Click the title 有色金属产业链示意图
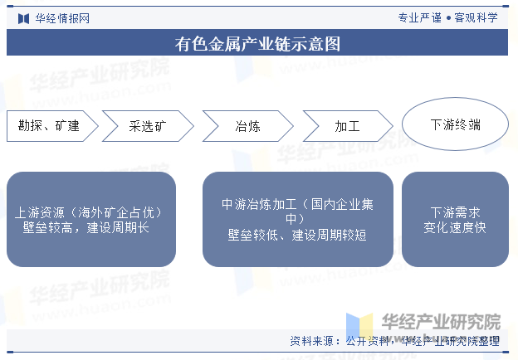257,44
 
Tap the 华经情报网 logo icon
23,18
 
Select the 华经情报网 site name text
62,18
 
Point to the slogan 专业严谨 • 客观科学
447,17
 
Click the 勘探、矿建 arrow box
52,126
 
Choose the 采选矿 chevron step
148,126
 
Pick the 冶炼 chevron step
247,126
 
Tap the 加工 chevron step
348,126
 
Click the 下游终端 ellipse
455,124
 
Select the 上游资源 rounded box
91,220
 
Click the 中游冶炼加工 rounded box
298,220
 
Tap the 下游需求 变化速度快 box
455,220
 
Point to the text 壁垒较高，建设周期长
86,227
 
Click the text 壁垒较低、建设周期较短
297,236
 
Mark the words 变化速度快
455,227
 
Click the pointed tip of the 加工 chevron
393,126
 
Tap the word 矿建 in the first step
67,126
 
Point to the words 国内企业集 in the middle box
342,205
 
